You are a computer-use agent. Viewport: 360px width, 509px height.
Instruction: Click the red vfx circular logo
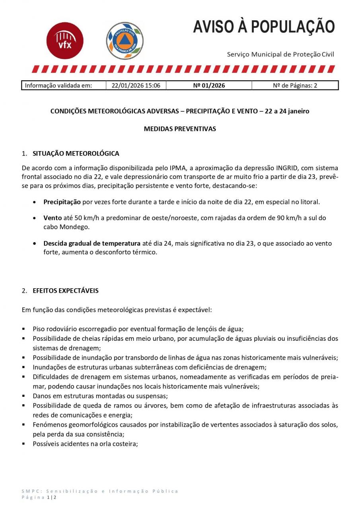(x=65, y=41)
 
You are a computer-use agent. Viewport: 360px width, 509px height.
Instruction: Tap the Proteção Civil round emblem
(x=125, y=41)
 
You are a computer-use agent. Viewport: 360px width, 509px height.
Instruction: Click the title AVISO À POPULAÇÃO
(x=264, y=27)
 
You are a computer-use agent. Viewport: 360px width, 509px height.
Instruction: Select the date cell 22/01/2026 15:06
(x=136, y=85)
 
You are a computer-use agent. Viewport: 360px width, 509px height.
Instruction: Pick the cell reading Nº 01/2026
(x=208, y=85)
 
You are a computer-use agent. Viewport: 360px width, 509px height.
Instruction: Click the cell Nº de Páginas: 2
(x=295, y=85)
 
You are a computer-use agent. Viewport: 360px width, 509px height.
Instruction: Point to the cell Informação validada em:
(x=58, y=85)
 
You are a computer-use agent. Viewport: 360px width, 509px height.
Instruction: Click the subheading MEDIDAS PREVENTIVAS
(x=180, y=129)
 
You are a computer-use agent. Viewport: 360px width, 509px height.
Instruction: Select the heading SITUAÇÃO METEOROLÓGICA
(x=76, y=153)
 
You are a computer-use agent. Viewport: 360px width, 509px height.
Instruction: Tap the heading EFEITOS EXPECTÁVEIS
(x=66, y=291)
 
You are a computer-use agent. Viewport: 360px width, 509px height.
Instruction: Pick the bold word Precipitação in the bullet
(x=62, y=202)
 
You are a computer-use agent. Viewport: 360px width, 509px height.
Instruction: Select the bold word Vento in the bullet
(x=53, y=218)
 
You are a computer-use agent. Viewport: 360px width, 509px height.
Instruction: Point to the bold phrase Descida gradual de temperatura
(x=92, y=243)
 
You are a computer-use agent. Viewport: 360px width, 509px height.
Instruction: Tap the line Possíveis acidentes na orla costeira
(x=85, y=443)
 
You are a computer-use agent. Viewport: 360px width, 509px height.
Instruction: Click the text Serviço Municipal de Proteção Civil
(x=280, y=54)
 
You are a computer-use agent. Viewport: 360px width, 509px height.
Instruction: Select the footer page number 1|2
(x=51, y=497)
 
